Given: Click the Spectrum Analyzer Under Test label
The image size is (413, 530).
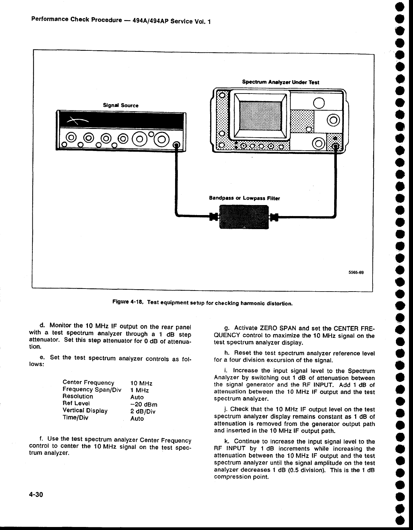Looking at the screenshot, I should pyautogui.click(x=281, y=82).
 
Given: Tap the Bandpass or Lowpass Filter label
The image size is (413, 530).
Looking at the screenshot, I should pyautogui.click(x=244, y=198).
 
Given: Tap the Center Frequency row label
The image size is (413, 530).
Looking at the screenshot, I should pyautogui.click(x=88, y=382).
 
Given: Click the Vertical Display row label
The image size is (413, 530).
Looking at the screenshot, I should pyautogui.click(x=85, y=410).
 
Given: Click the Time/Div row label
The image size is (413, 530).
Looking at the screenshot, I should pyautogui.click(x=75, y=417).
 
